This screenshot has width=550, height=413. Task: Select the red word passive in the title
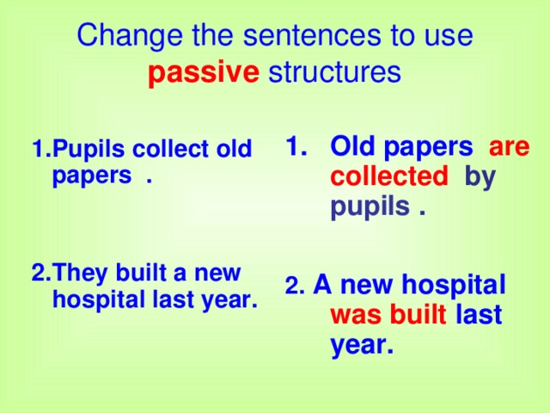point(203,73)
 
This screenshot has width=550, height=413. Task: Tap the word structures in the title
point(334,73)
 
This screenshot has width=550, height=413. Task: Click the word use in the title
point(451,36)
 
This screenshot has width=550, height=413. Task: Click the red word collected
point(389,177)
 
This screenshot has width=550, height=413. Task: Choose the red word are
point(510,147)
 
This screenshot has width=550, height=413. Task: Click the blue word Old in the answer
point(354,147)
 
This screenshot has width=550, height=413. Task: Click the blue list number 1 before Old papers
point(294,147)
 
